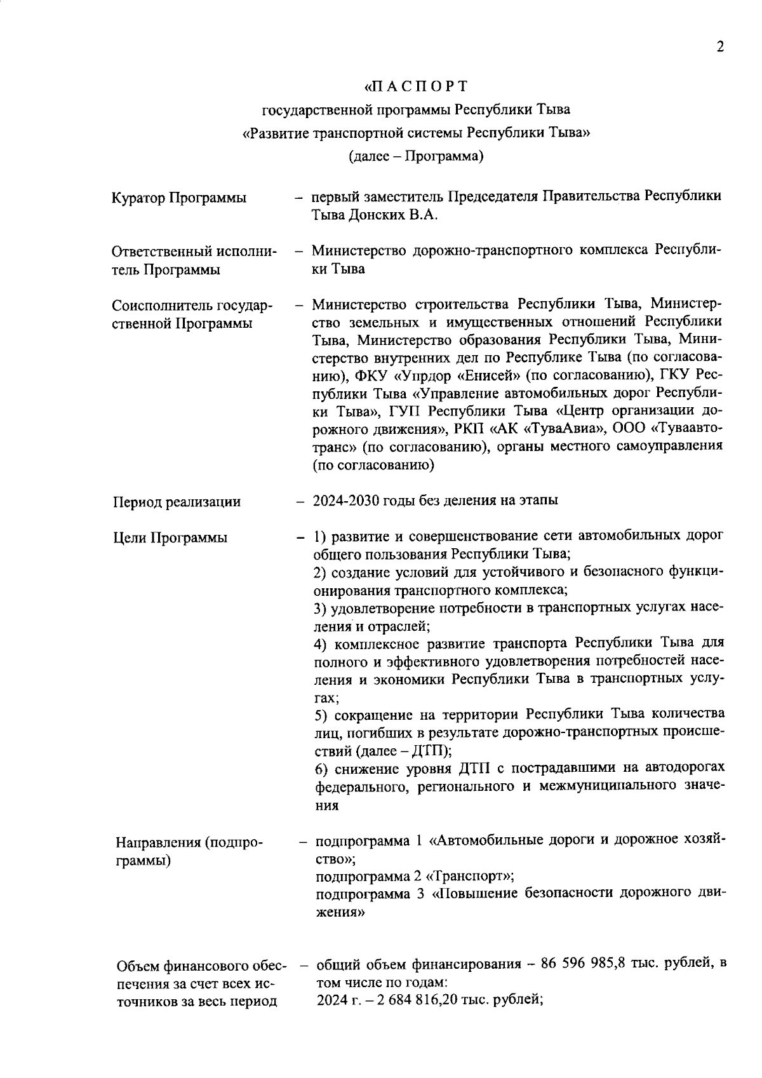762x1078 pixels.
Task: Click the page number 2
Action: click(719, 47)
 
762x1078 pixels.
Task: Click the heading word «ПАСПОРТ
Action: click(417, 86)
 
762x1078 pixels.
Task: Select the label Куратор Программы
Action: click(179, 198)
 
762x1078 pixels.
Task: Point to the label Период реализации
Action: click(177, 502)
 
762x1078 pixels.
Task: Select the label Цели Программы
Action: click(170, 538)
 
